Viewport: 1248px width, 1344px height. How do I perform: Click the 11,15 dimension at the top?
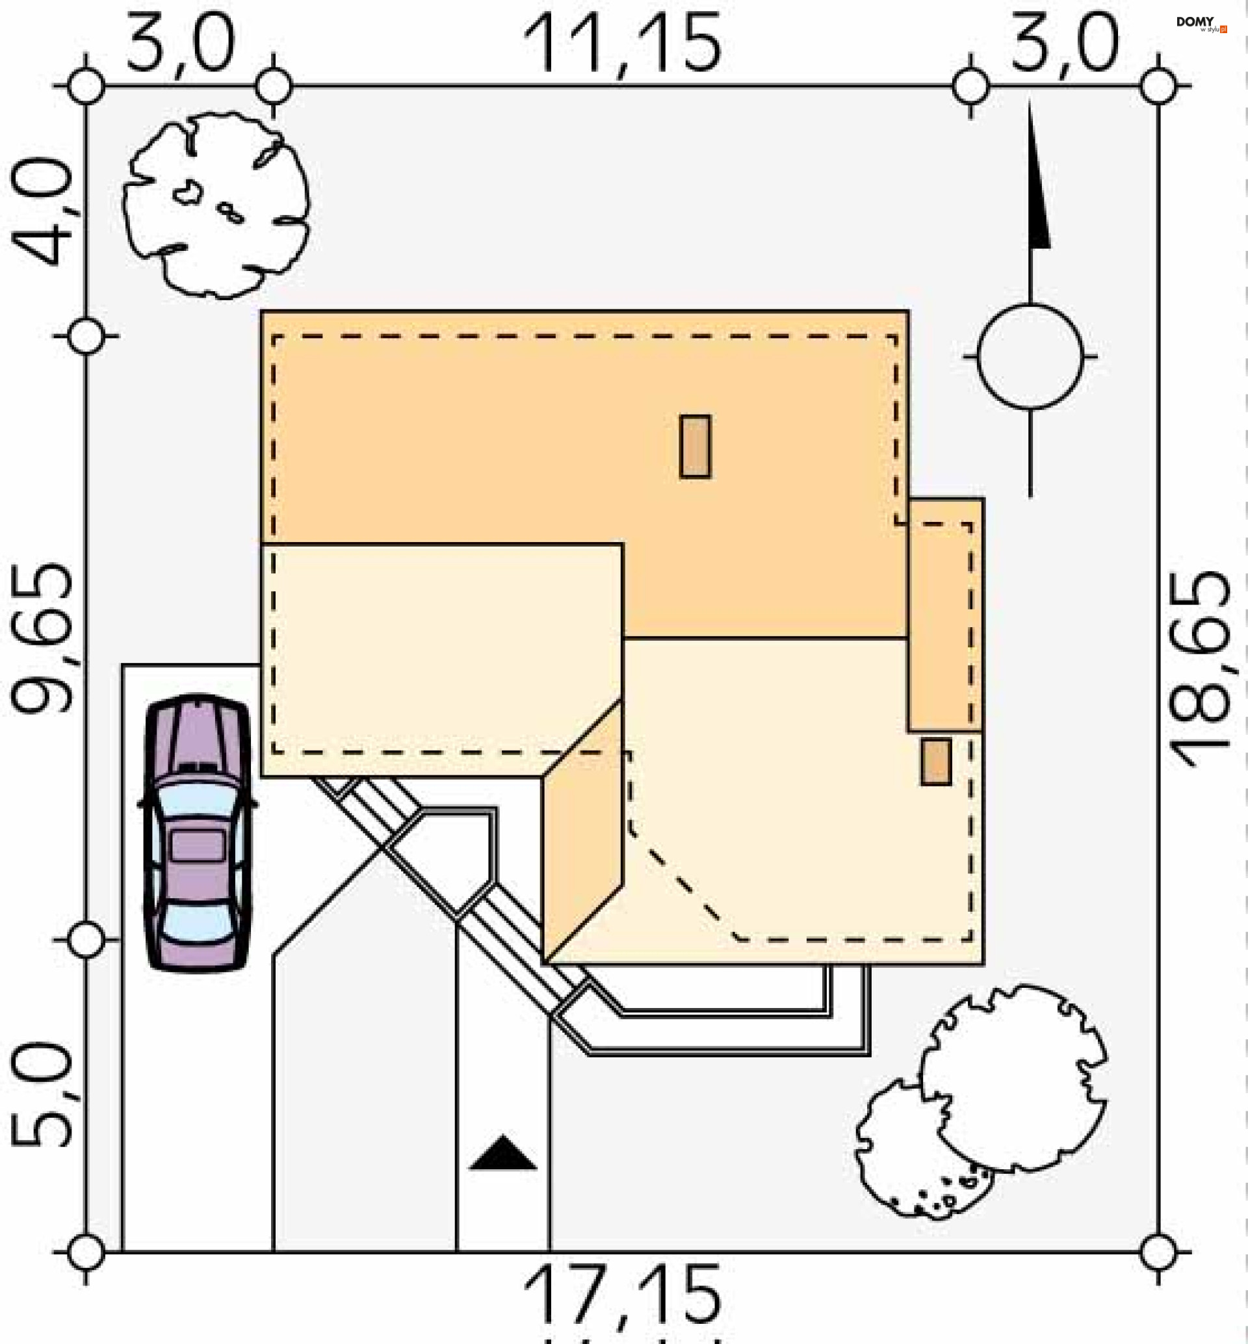[622, 45]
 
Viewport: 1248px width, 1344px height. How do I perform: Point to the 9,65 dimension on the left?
[42, 638]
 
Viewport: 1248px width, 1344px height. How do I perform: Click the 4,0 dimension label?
[42, 211]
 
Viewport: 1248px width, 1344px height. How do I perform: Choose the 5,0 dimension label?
[42, 1093]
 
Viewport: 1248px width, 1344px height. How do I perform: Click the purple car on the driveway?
[198, 833]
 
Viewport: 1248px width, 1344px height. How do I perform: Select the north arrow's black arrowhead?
[1037, 203]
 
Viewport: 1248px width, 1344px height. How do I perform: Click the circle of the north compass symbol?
[1030, 356]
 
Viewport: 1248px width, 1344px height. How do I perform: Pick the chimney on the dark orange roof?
[695, 446]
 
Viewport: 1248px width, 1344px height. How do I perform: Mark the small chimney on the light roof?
[936, 762]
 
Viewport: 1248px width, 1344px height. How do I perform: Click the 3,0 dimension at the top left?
[180, 45]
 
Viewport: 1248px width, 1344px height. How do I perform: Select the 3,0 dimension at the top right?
[1064, 45]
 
